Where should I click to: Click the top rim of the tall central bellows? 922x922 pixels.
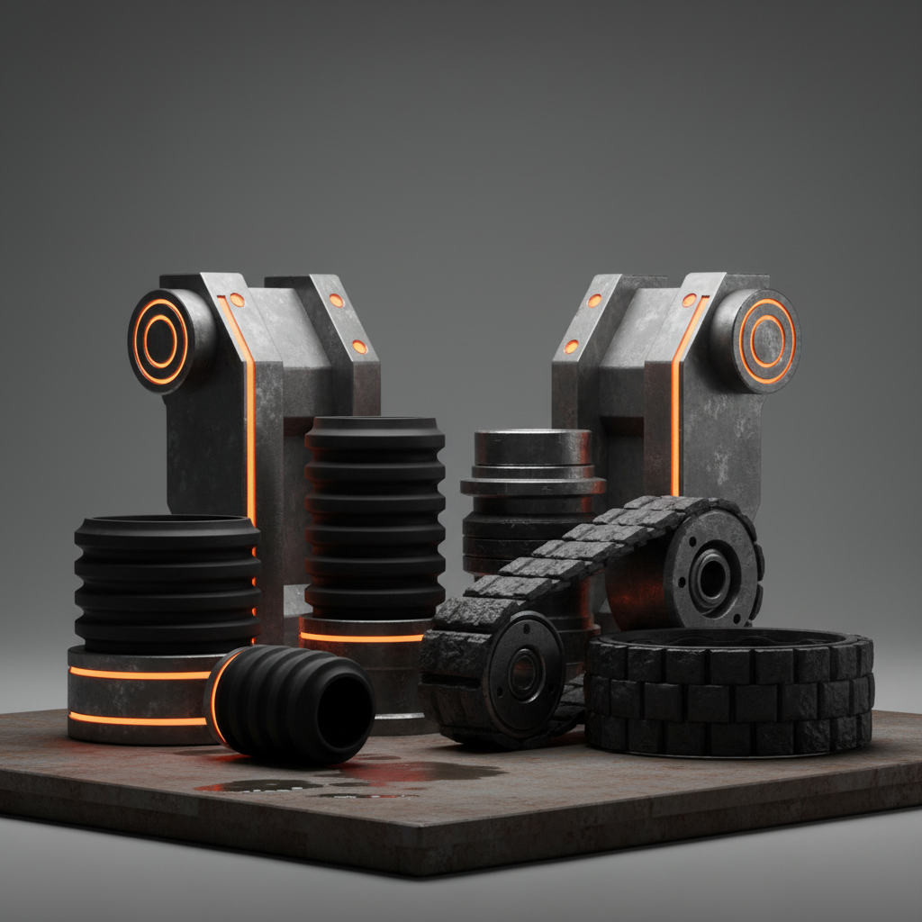pos(374,423)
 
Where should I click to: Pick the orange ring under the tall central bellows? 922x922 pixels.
pos(360,637)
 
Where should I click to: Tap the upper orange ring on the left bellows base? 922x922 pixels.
pos(140,673)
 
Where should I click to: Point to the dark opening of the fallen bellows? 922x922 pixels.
pos(344,710)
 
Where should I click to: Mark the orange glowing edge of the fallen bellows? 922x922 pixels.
pos(215,693)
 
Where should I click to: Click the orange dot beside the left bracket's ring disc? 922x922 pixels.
pos(237,299)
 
